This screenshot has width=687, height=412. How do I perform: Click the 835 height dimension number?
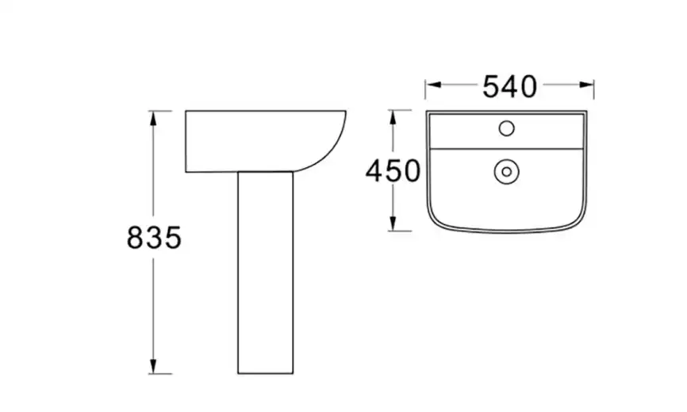[x=154, y=238]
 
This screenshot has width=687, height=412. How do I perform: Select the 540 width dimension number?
[x=509, y=86]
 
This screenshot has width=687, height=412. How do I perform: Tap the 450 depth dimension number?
[x=393, y=171]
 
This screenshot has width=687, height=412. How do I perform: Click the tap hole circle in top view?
[x=506, y=128]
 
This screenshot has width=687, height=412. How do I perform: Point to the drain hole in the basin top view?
[x=506, y=172]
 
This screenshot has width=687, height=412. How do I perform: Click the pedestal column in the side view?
[x=266, y=273]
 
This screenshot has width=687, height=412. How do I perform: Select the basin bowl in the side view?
[x=266, y=141]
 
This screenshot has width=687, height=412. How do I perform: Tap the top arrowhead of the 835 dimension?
[x=153, y=118]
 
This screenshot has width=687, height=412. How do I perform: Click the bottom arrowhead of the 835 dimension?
[x=153, y=367]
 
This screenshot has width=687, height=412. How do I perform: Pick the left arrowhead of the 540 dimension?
[x=433, y=85]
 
